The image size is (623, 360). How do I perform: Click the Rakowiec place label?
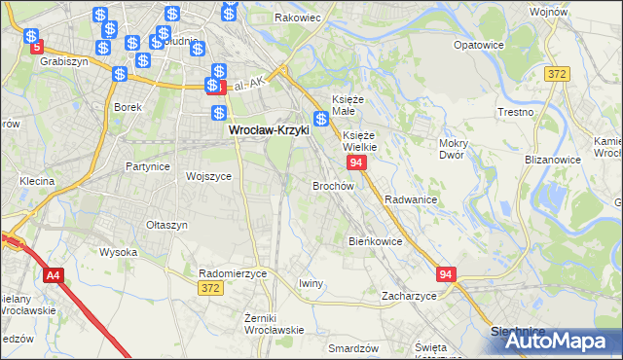(x=298, y=17)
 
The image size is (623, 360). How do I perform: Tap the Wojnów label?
(x=575, y=11)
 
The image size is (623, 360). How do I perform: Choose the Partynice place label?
(x=147, y=166)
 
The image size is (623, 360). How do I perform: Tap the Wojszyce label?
(x=208, y=176)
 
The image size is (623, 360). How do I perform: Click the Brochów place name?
(x=332, y=185)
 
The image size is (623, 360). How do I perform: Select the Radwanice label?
(x=410, y=198)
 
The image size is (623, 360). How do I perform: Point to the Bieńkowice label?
(x=376, y=240)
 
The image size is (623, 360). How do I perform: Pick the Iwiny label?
(x=311, y=282)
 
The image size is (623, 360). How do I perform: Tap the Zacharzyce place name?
(x=409, y=296)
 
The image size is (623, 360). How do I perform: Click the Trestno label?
(x=542, y=112)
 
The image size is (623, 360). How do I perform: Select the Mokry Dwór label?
(x=455, y=148)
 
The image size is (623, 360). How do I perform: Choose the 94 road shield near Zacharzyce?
(x=446, y=275)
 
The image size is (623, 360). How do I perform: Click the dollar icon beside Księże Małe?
(x=320, y=118)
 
